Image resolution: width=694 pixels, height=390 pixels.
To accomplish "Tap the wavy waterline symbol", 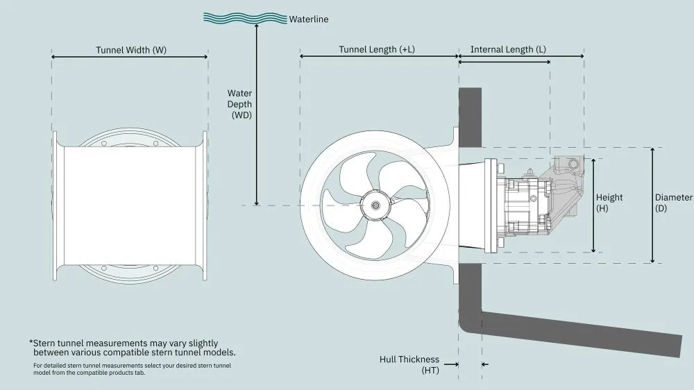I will click(245, 17).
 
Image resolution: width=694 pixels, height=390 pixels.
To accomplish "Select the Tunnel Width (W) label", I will click(131, 50).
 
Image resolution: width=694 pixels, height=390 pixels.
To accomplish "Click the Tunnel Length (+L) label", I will click(378, 50).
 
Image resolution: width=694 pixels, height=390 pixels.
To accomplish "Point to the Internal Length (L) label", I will click(507, 50).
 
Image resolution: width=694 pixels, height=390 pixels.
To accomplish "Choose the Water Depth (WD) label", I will click(241, 104).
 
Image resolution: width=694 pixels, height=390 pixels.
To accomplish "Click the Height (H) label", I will click(609, 202).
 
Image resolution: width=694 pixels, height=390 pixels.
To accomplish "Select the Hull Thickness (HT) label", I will click(409, 365).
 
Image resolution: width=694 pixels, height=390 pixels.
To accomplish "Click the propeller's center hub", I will click(375, 205).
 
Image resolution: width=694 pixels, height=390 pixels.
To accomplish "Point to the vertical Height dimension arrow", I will click(593, 205).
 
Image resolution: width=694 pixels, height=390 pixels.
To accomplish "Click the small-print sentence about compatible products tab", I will click(132, 368).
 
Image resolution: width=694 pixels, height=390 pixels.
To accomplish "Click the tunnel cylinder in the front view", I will click(130, 205).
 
